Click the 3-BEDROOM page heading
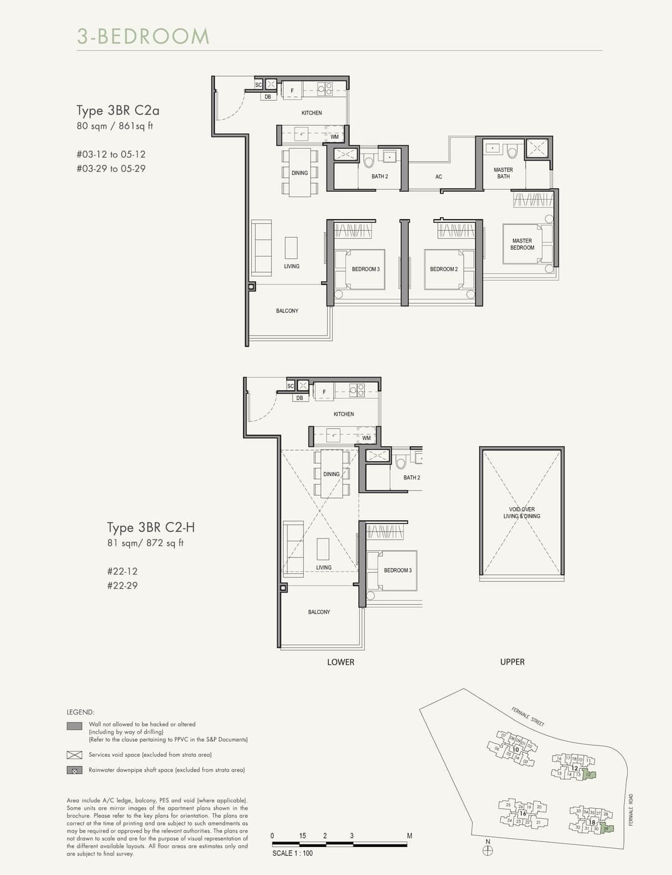tap(143, 36)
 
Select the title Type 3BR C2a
tap(118, 111)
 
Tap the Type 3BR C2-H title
tap(151, 528)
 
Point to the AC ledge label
tap(439, 177)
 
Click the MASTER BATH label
tap(503, 173)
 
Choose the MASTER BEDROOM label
tap(522, 244)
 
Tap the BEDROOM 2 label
tap(444, 269)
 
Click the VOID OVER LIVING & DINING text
tap(521, 513)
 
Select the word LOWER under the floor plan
tap(340, 662)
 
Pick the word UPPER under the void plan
tap(512, 662)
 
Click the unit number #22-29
tap(122, 586)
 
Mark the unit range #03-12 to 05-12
tap(111, 154)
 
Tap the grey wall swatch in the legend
tap(74, 726)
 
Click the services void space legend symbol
tap(74, 755)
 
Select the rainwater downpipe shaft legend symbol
tap(74, 770)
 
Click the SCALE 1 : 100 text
tap(292, 853)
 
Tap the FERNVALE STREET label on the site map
tap(528, 717)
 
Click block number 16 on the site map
tap(523, 813)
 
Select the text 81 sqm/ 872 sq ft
tap(145, 543)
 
